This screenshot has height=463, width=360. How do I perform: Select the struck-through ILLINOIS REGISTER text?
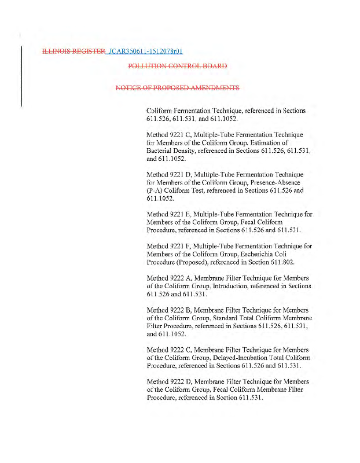tap(73, 52)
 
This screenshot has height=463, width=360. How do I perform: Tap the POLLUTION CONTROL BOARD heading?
tap(177, 65)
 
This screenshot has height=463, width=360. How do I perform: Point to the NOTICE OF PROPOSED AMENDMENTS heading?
tap(177, 88)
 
